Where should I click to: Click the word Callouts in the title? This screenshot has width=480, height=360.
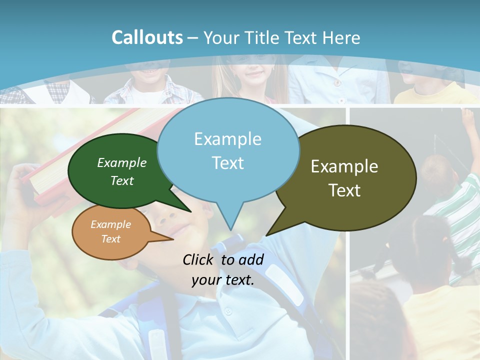click(147, 37)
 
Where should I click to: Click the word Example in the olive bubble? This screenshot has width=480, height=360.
click(344, 166)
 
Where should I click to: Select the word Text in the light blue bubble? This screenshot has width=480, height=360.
click(228, 163)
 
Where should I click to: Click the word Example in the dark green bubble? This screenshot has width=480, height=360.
click(122, 162)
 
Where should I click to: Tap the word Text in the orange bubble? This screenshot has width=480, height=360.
click(111, 239)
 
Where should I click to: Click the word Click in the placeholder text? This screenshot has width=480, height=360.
click(198, 259)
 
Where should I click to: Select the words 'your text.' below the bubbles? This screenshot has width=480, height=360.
click(223, 280)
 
